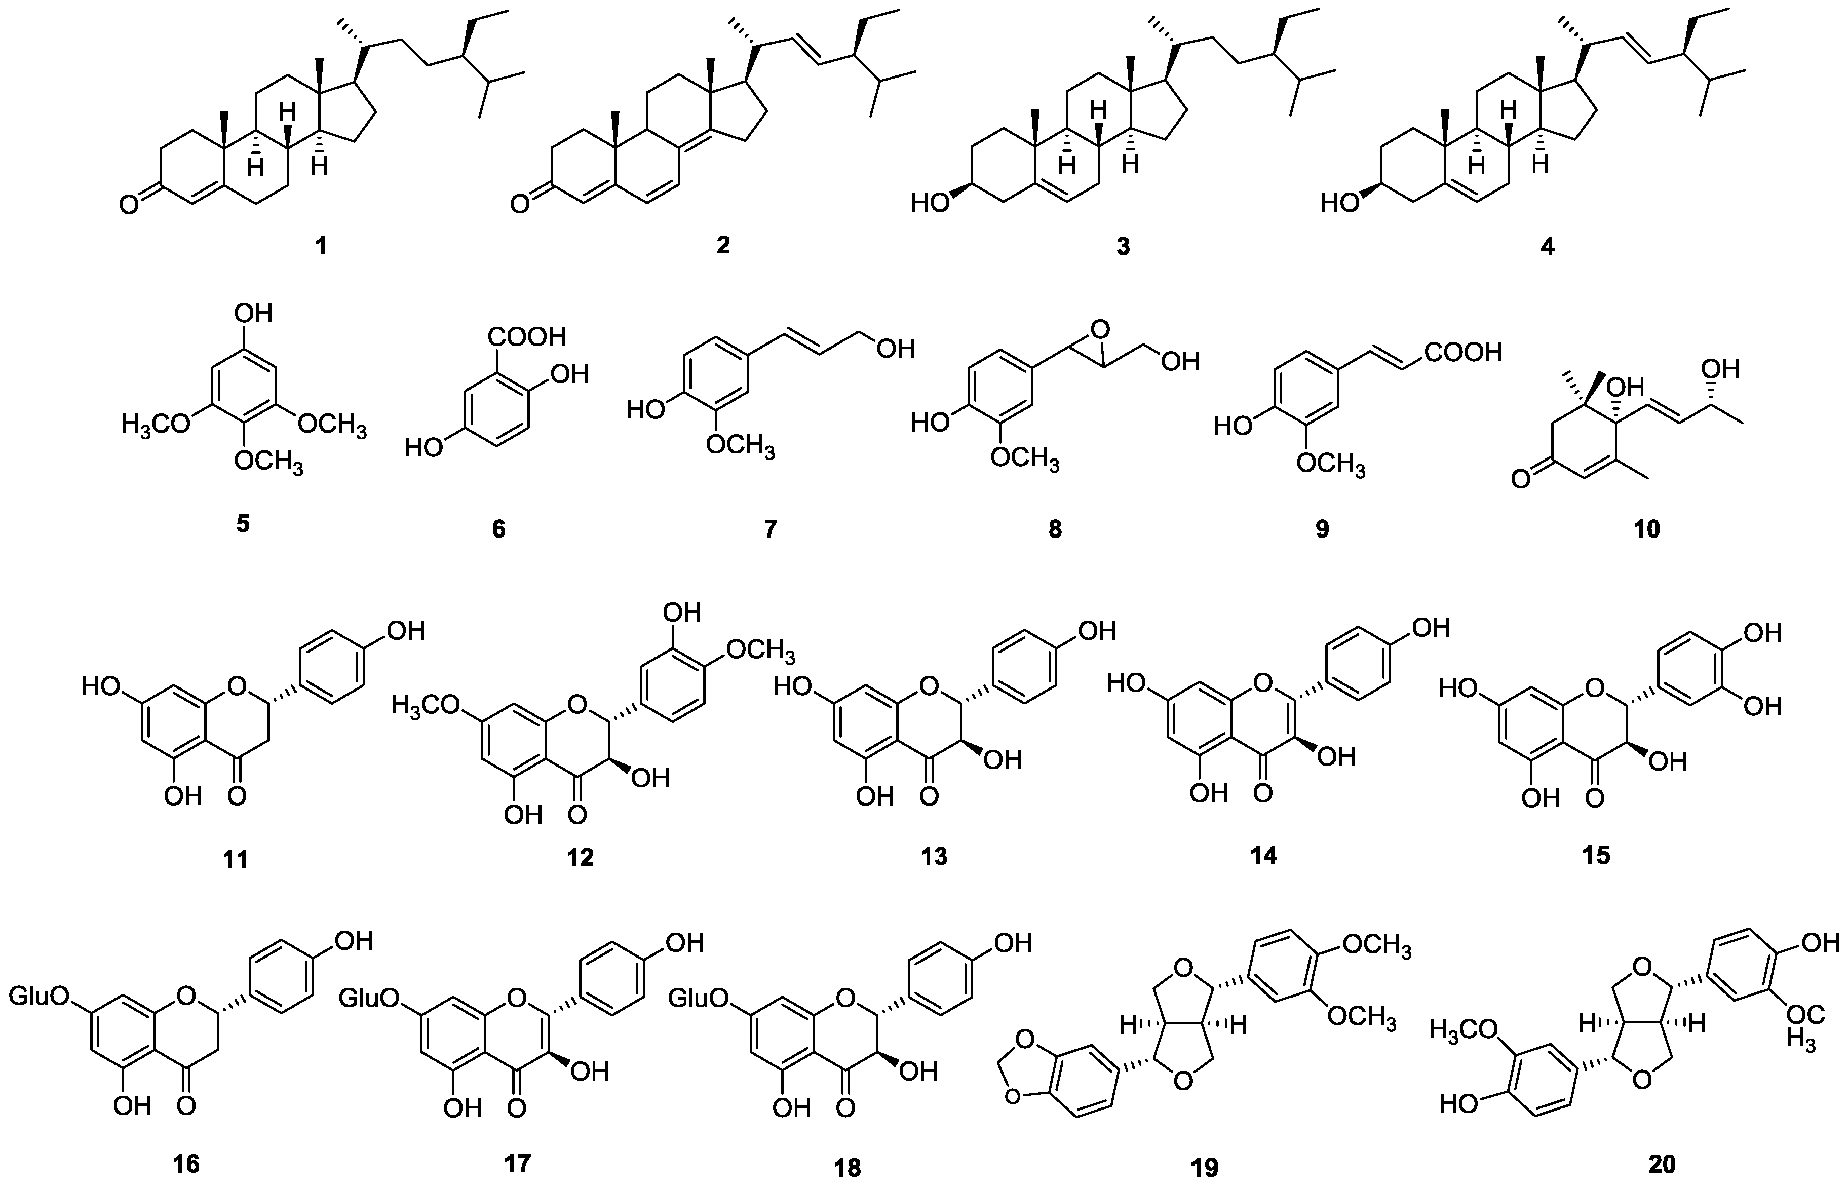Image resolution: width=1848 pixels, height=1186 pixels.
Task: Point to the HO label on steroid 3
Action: (x=930, y=204)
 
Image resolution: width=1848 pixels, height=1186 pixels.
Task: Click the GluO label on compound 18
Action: (x=698, y=999)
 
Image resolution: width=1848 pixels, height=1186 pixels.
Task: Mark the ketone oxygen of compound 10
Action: (x=1518, y=480)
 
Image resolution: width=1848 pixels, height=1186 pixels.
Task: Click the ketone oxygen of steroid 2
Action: (x=521, y=204)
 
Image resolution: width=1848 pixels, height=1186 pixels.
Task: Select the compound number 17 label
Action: (x=517, y=1162)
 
